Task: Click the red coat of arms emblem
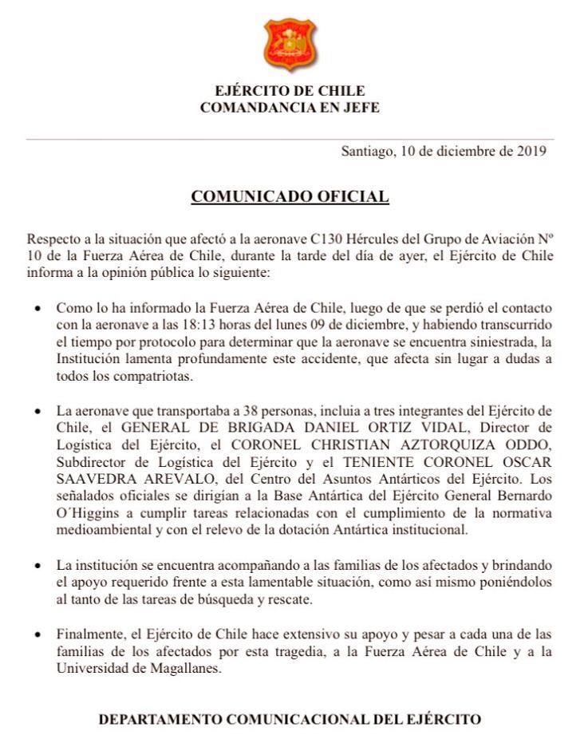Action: (x=290, y=45)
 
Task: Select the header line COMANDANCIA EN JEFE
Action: (x=290, y=107)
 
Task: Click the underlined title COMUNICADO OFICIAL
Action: (x=290, y=196)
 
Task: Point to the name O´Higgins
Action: (x=87, y=513)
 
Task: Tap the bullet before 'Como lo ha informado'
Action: (x=34, y=308)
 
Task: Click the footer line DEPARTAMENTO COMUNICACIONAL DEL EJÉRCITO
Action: (x=290, y=719)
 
